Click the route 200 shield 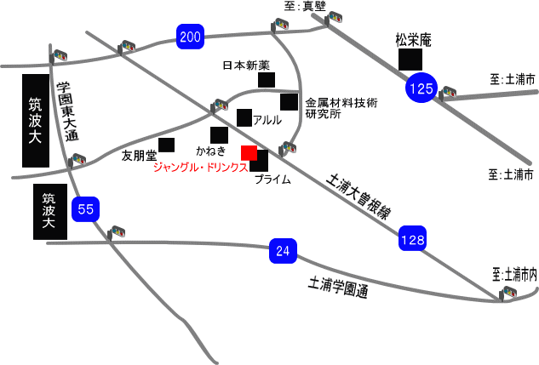coord(191,36)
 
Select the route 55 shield coord(85,208)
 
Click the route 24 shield coord(284,251)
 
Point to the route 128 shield coord(412,241)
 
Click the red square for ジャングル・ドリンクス coord(249,153)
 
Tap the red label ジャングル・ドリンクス coord(200,168)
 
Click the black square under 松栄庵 coord(411,60)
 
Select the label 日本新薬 coord(246,65)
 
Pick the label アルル coord(267,120)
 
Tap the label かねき coord(210,151)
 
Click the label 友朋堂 coord(139,156)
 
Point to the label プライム coord(272,180)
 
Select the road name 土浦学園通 coord(338,288)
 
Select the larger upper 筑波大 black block coord(35,120)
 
